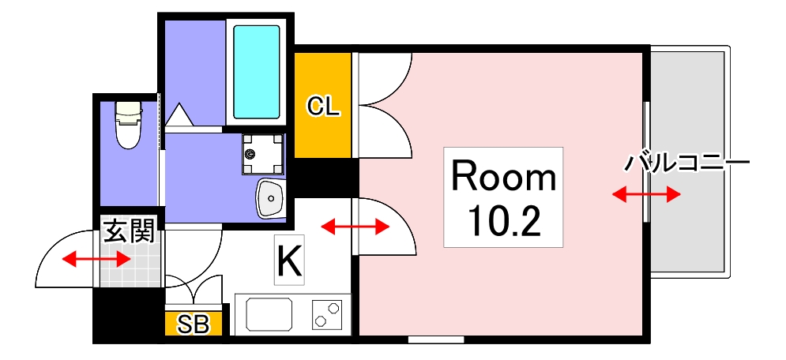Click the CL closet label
(323, 107)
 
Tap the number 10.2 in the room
(503, 222)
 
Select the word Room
(503, 178)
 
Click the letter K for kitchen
(288, 261)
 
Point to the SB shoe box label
(193, 324)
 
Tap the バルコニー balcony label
(686, 164)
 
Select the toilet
(127, 126)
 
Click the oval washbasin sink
(271, 197)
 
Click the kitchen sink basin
(269, 314)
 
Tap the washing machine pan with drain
(262, 153)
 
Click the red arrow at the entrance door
(97, 258)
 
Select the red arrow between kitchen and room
(355, 227)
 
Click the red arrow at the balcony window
(646, 194)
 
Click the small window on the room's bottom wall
(436, 340)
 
